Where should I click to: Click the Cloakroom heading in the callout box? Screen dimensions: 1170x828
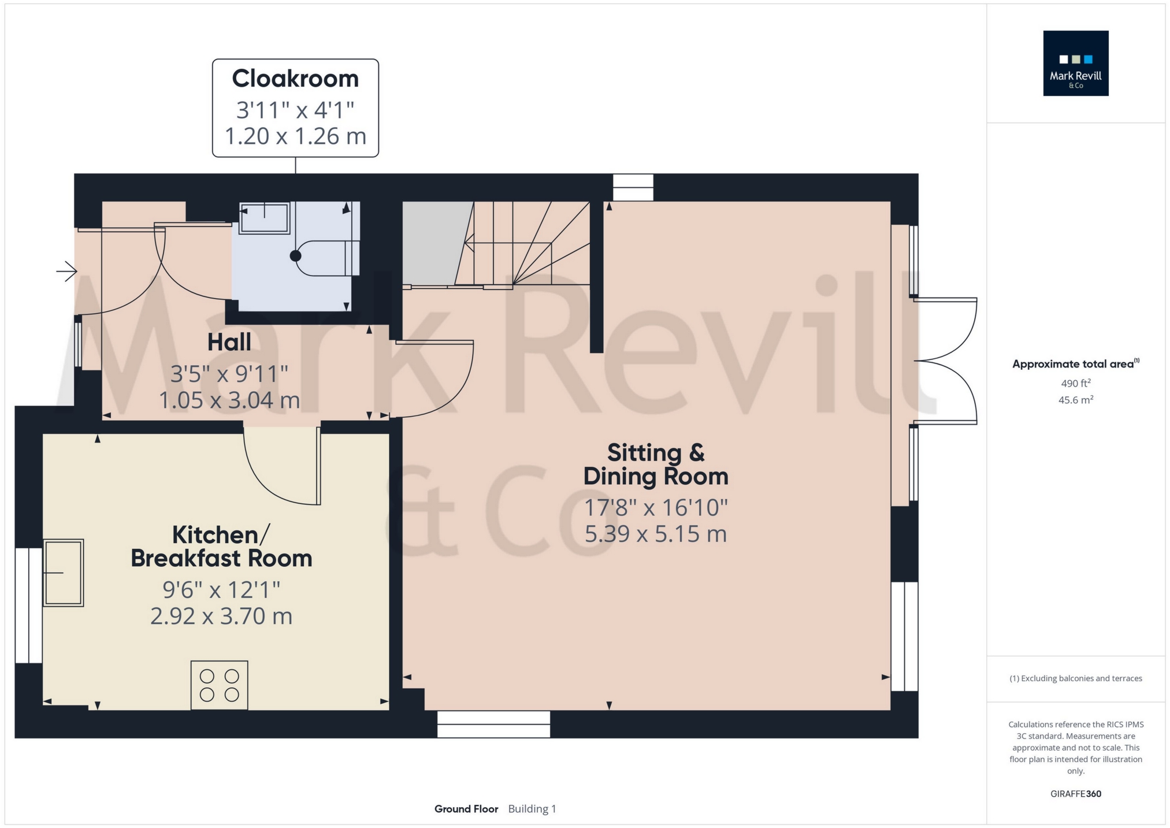click(295, 79)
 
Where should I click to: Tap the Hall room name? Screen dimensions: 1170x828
click(229, 342)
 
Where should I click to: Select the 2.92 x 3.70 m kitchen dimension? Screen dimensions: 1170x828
click(221, 616)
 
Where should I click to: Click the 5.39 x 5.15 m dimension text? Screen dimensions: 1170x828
click(656, 534)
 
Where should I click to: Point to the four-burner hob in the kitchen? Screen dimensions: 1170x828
click(220, 685)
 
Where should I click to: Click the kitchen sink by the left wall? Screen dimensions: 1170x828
click(64, 573)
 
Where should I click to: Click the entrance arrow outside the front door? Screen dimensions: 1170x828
click(66, 270)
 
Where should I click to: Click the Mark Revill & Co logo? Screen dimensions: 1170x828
click(1076, 64)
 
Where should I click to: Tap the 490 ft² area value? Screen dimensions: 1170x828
click(1076, 383)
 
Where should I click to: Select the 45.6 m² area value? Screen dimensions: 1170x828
click(1076, 400)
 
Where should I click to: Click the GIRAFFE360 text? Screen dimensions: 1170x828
click(1076, 794)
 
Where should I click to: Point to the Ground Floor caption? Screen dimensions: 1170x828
click(466, 809)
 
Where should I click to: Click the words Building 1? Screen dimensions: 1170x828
click(532, 809)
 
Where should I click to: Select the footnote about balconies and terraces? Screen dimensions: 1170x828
click(1076, 678)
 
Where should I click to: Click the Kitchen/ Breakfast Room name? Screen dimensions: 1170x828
click(221, 547)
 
